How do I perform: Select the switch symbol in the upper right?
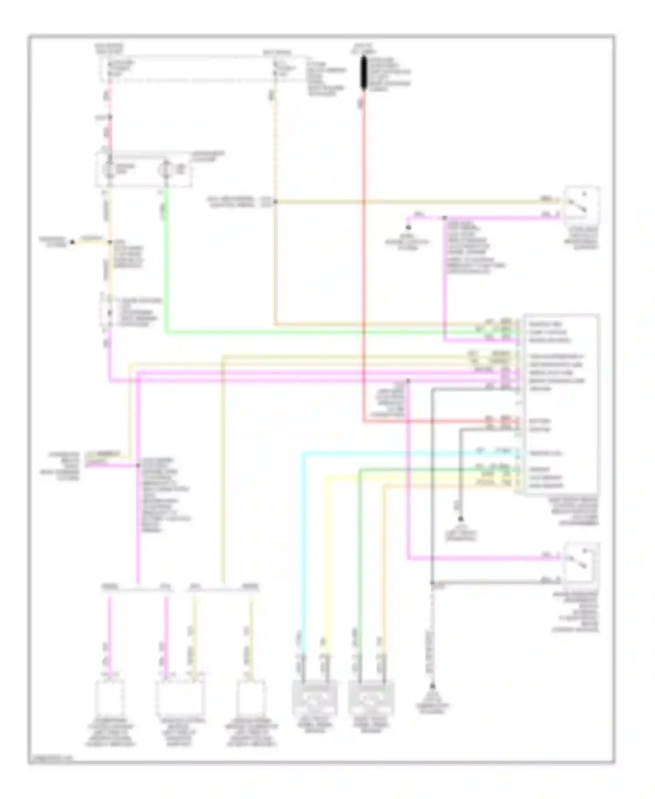point(581,205)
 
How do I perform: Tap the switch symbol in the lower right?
point(582,563)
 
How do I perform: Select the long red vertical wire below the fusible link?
point(363,262)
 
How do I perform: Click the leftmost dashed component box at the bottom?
point(110,698)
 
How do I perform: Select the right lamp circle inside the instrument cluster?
point(166,169)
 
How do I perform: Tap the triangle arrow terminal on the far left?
point(72,242)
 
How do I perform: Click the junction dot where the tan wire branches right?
point(275,201)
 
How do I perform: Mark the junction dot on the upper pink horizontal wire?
point(445,218)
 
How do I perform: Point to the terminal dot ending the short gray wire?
point(460,519)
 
